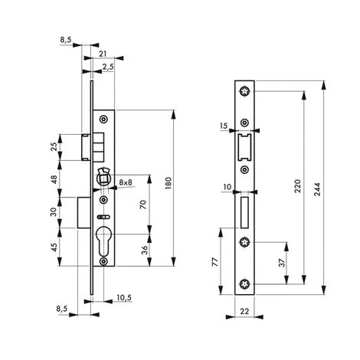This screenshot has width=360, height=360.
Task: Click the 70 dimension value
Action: pyautogui.click(x=143, y=206)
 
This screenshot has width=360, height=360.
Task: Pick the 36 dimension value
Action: pyautogui.click(x=143, y=250)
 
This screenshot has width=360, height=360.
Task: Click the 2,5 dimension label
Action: pyautogui.click(x=108, y=67)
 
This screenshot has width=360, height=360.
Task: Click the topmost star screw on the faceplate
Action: pyautogui.click(x=244, y=93)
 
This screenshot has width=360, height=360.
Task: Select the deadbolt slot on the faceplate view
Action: pyautogui.click(x=244, y=211)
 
